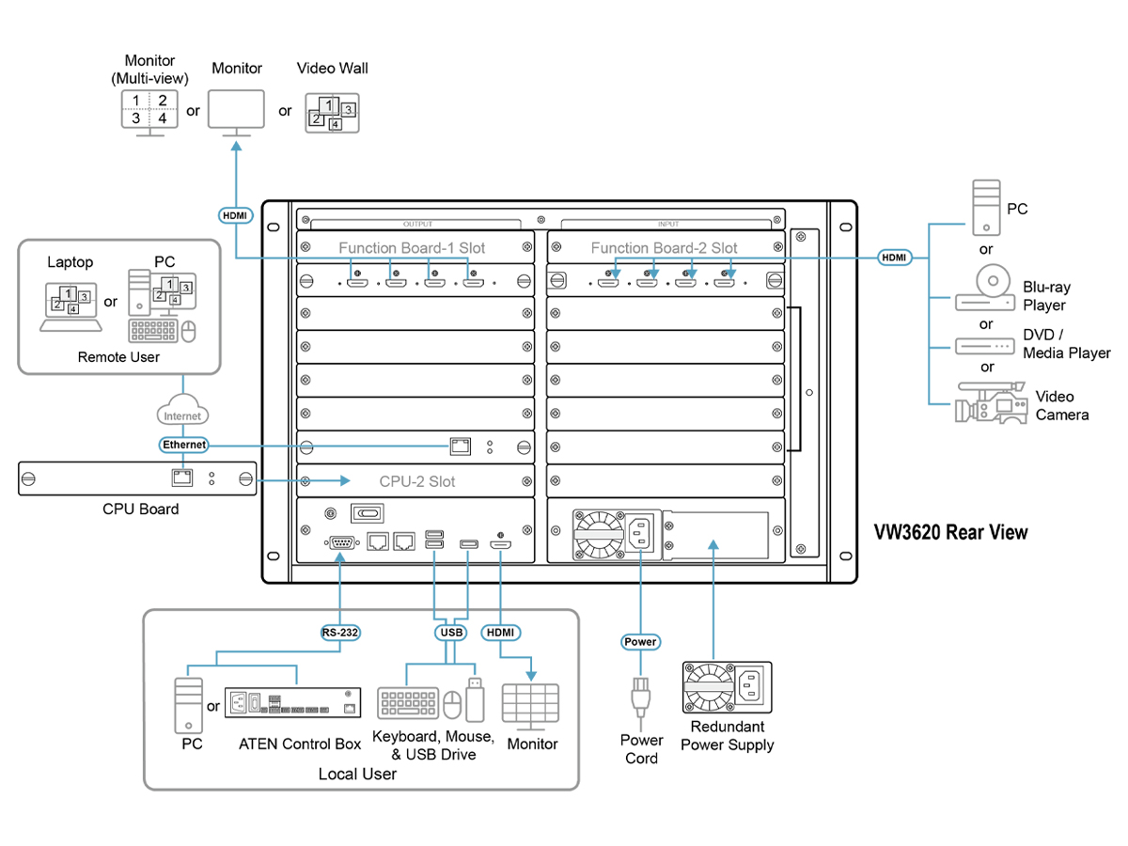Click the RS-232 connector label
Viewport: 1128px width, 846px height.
click(339, 633)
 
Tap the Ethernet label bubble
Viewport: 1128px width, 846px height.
click(183, 445)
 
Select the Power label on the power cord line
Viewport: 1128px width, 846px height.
click(640, 642)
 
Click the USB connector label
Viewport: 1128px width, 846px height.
click(451, 633)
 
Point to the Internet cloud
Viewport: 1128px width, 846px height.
click(182, 410)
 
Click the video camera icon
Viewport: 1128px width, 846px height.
click(989, 402)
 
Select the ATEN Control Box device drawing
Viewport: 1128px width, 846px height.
click(292, 703)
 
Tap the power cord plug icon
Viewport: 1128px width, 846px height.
click(640, 697)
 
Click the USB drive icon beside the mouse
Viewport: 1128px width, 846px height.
click(475, 699)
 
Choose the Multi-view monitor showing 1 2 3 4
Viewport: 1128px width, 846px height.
click(149, 113)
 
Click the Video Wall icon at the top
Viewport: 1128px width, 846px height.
click(332, 113)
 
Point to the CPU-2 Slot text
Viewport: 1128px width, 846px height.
click(416, 481)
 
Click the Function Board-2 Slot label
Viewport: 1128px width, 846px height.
click(664, 248)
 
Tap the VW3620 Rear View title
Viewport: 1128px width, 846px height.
click(950, 532)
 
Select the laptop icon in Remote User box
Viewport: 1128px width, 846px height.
click(70, 306)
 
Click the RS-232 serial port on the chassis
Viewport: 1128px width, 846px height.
click(341, 542)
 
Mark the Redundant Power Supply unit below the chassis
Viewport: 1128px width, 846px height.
click(727, 687)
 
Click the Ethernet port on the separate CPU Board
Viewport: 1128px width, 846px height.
click(182, 478)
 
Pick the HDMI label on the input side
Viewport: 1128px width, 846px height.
click(894, 258)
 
